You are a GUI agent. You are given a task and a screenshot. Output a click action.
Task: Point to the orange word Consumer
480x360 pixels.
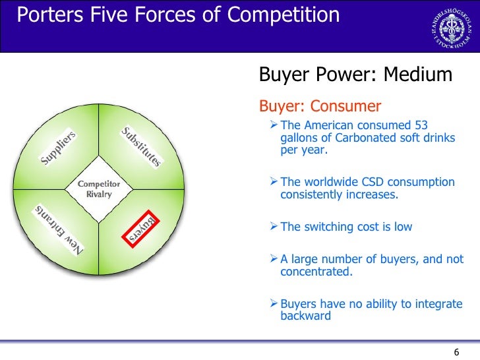click(x=346, y=106)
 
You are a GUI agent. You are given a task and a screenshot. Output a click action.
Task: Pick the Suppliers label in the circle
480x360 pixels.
click(x=59, y=148)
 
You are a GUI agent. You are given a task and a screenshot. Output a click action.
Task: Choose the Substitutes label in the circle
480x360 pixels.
click(x=140, y=146)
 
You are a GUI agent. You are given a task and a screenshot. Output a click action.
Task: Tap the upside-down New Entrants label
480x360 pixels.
click(x=59, y=230)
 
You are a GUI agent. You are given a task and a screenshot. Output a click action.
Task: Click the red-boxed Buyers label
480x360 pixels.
click(x=140, y=228)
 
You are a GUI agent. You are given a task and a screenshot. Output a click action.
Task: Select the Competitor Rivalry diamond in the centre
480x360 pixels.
click(x=99, y=189)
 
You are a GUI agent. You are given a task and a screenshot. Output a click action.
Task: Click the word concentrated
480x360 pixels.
click(x=316, y=271)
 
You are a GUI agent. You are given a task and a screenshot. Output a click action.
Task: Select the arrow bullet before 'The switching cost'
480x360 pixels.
click(x=275, y=227)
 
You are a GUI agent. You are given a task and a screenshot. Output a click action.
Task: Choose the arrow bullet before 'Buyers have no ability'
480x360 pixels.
click(x=275, y=304)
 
